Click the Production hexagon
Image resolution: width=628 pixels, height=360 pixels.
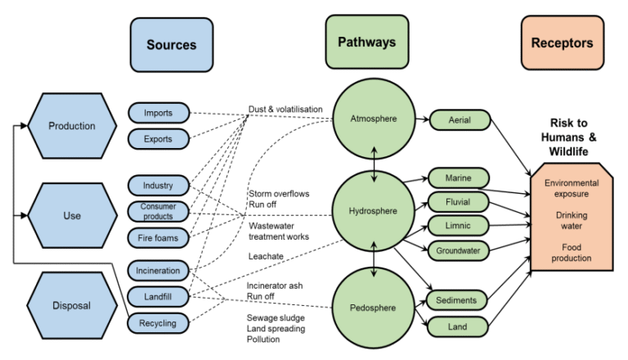pos(71,126)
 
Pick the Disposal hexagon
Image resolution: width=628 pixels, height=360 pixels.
pos(71,306)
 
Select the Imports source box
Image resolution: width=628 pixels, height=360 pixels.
pos(158,112)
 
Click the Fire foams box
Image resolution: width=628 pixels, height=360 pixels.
pos(158,238)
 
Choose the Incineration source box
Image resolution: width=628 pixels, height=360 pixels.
pos(158,271)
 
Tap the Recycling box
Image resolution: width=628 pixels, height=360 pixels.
pos(158,323)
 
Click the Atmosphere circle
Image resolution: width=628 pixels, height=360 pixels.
pos(374,119)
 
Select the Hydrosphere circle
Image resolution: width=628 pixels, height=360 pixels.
pos(374,211)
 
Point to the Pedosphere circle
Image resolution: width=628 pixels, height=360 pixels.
pos(374,308)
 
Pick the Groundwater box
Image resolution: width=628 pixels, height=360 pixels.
pos(458,250)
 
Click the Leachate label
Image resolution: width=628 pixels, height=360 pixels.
pos(267,256)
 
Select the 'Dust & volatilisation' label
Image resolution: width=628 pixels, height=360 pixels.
pos(285,109)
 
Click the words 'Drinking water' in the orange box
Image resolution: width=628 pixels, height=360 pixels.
pos(571,219)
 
